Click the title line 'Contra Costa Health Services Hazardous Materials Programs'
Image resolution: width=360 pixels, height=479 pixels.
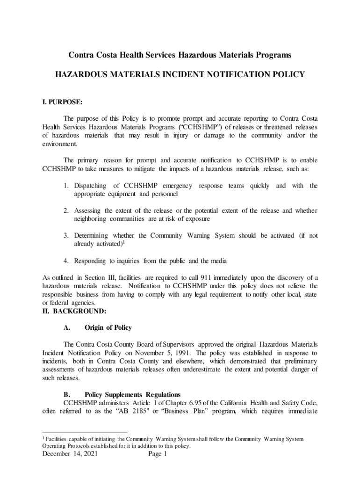(180, 55)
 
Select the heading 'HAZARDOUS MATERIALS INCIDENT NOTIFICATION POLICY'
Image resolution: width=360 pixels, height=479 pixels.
(180, 74)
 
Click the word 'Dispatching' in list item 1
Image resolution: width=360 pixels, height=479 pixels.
(90, 186)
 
